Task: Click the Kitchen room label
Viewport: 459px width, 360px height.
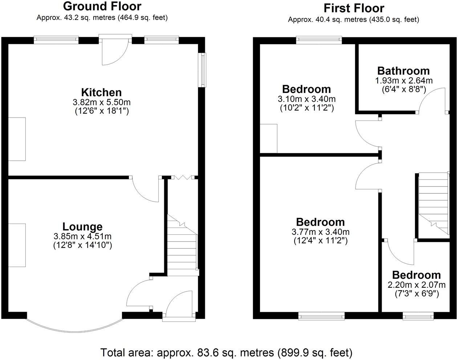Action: point(101,92)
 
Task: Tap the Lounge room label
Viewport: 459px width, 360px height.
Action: point(82,226)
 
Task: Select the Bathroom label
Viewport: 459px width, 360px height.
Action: point(403,70)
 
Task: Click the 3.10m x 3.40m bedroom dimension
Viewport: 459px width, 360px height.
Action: point(306,99)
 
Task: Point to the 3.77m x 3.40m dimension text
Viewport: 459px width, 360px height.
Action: point(320,232)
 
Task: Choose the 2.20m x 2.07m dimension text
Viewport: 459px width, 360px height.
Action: point(417,285)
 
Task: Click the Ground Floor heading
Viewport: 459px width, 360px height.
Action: point(102,6)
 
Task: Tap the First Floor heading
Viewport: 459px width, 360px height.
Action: point(353,8)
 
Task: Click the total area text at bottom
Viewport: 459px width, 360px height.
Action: point(226,352)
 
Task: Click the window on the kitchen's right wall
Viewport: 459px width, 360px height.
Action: point(203,70)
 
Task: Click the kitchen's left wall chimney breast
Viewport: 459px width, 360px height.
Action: point(17,139)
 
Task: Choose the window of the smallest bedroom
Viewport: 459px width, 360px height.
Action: point(418,317)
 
